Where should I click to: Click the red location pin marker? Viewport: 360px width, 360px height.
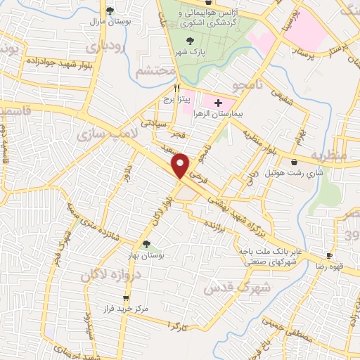coord(181,165)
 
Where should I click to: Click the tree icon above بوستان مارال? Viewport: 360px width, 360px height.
coord(109,10)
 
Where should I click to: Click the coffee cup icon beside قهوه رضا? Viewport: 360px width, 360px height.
coord(329,255)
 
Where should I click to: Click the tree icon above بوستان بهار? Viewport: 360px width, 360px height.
coord(146,245)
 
